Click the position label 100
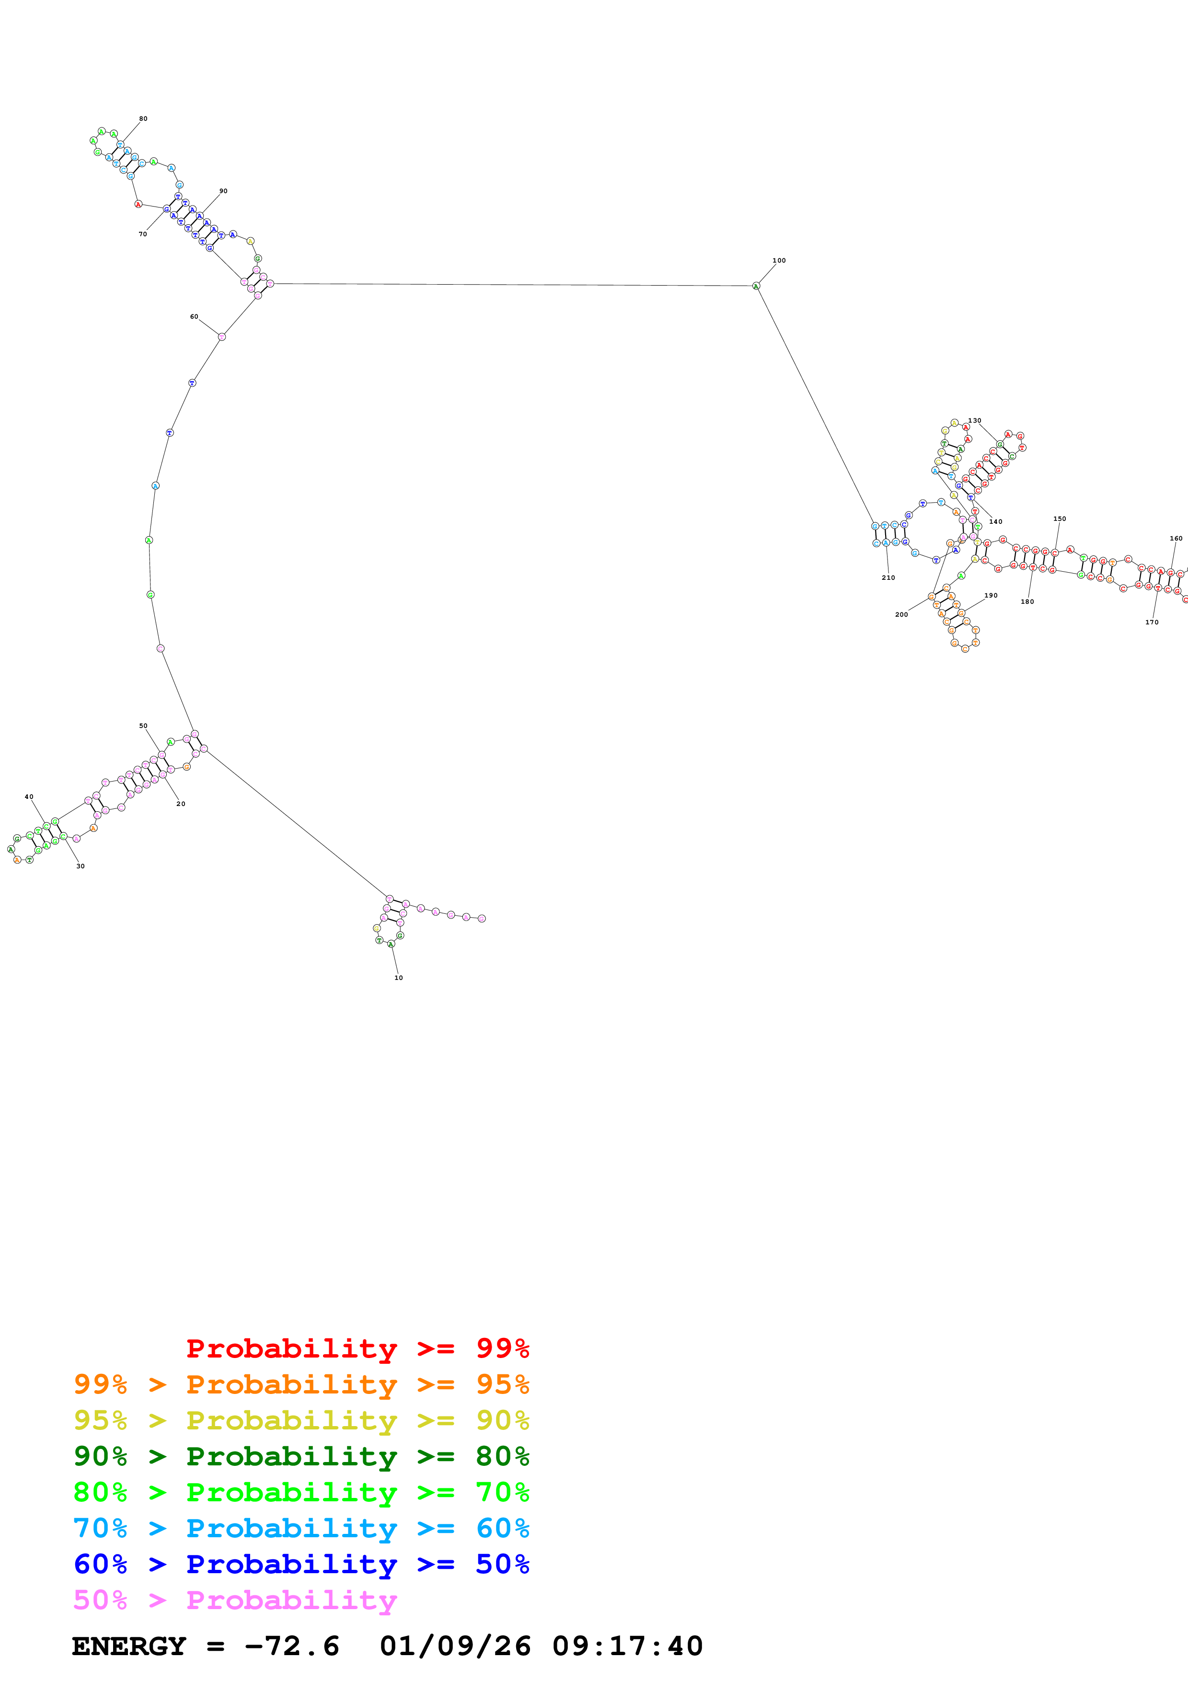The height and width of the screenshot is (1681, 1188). click(779, 261)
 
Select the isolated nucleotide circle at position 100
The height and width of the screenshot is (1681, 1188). click(756, 286)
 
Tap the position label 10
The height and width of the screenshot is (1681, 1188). click(398, 978)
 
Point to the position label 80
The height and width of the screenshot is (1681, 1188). click(143, 119)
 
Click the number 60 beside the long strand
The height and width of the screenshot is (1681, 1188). click(194, 317)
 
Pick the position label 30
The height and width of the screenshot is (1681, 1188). click(81, 866)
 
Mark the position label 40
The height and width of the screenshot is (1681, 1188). click(29, 796)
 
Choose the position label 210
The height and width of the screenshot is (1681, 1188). click(888, 577)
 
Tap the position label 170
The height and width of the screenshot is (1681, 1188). click(1152, 622)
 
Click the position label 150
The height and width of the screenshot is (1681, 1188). click(1059, 519)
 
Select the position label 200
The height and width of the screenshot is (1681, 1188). click(901, 615)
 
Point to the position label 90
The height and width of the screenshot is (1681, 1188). click(223, 191)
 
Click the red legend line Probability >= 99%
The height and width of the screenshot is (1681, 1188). click(357, 1348)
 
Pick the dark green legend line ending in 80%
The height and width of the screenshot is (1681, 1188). click(301, 1456)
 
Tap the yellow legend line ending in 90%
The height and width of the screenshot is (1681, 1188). click(301, 1420)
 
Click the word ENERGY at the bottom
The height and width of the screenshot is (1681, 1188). click(129, 1646)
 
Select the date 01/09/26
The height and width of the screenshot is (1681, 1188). click(455, 1646)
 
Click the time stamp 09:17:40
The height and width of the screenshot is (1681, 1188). click(627, 1646)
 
